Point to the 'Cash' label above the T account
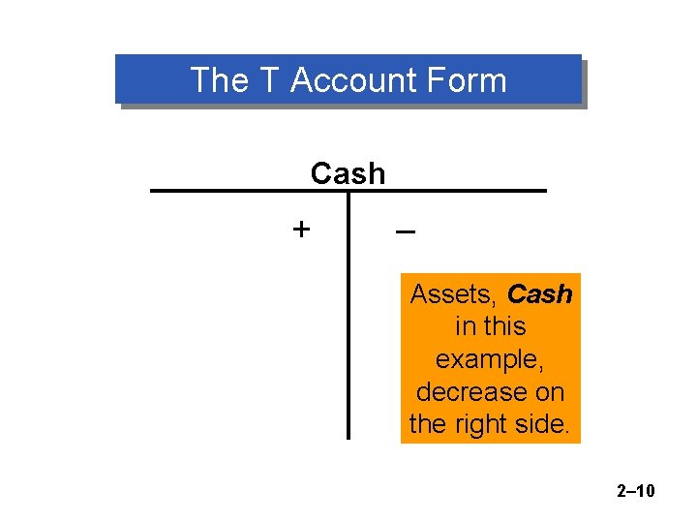(x=348, y=173)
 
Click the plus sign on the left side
(x=302, y=230)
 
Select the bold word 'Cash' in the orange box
(x=540, y=293)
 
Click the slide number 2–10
(x=635, y=491)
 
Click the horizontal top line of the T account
(x=242, y=191)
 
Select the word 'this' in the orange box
(x=504, y=326)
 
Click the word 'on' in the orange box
(x=547, y=391)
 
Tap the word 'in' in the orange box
(x=465, y=326)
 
